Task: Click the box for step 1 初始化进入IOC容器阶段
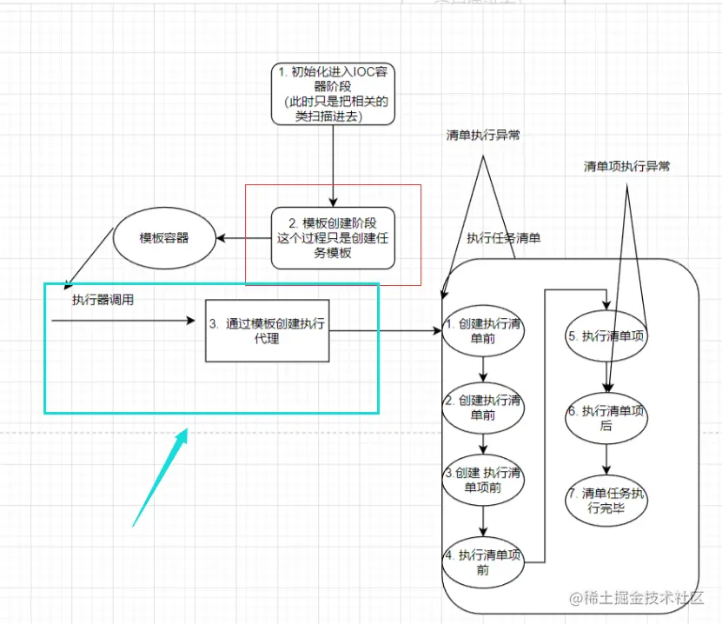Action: click(334, 94)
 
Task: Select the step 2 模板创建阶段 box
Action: click(334, 237)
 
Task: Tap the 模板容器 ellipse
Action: click(164, 237)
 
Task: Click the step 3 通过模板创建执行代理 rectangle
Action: click(267, 330)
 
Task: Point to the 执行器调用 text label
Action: click(103, 300)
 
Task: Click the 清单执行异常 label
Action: click(483, 136)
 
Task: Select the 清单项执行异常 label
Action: click(626, 166)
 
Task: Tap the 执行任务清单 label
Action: click(503, 237)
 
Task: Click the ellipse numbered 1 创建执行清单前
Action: click(482, 331)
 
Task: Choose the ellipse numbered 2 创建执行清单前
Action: click(482, 408)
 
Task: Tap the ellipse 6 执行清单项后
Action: click(606, 418)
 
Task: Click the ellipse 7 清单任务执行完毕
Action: click(606, 501)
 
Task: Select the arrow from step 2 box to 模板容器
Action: click(245, 237)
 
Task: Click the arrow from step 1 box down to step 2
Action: click(334, 165)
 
